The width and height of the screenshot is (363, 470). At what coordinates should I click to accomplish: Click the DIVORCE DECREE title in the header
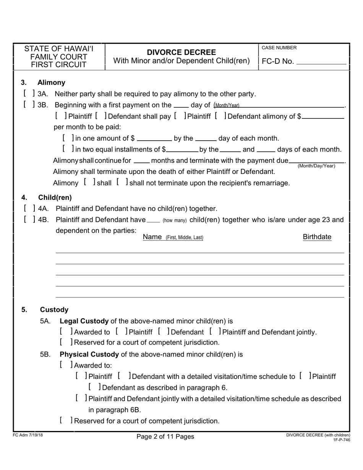(181, 52)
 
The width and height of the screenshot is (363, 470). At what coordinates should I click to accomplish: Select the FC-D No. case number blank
(321, 62)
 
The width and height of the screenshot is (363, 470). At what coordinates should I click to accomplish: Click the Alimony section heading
(51, 83)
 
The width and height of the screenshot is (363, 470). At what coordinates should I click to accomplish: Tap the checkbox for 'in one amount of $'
(67, 138)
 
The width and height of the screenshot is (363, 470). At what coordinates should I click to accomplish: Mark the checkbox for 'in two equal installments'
(67, 149)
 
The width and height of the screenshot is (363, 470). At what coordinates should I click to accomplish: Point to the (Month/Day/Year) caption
(316, 166)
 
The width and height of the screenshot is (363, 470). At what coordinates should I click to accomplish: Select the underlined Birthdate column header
(317, 237)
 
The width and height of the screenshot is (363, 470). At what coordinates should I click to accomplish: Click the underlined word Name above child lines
(152, 237)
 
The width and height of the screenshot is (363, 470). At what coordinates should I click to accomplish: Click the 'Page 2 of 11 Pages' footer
(165, 436)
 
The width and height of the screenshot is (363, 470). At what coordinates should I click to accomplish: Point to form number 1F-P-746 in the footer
(341, 440)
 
